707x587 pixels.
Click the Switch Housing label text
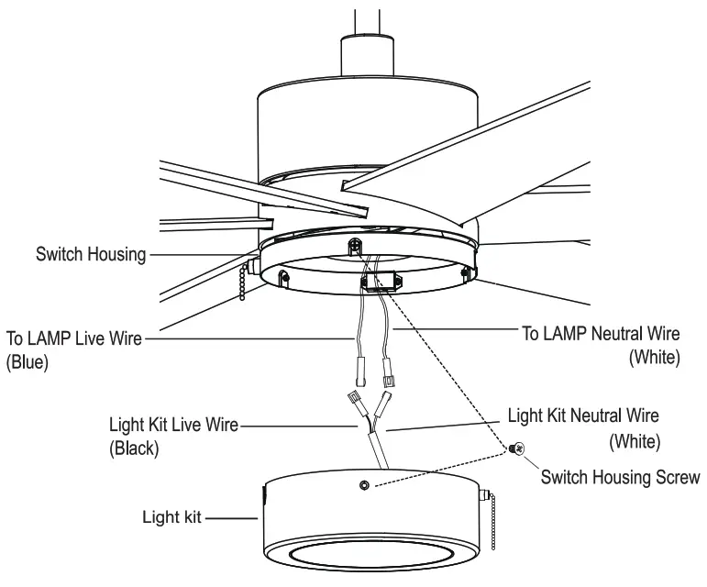pos(90,254)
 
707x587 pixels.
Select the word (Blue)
pos(27,361)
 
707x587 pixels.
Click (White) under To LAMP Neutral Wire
pos(654,358)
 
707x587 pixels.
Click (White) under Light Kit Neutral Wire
pos(635,442)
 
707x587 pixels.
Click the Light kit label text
pos(171,516)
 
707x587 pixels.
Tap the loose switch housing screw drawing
pos(517,449)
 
